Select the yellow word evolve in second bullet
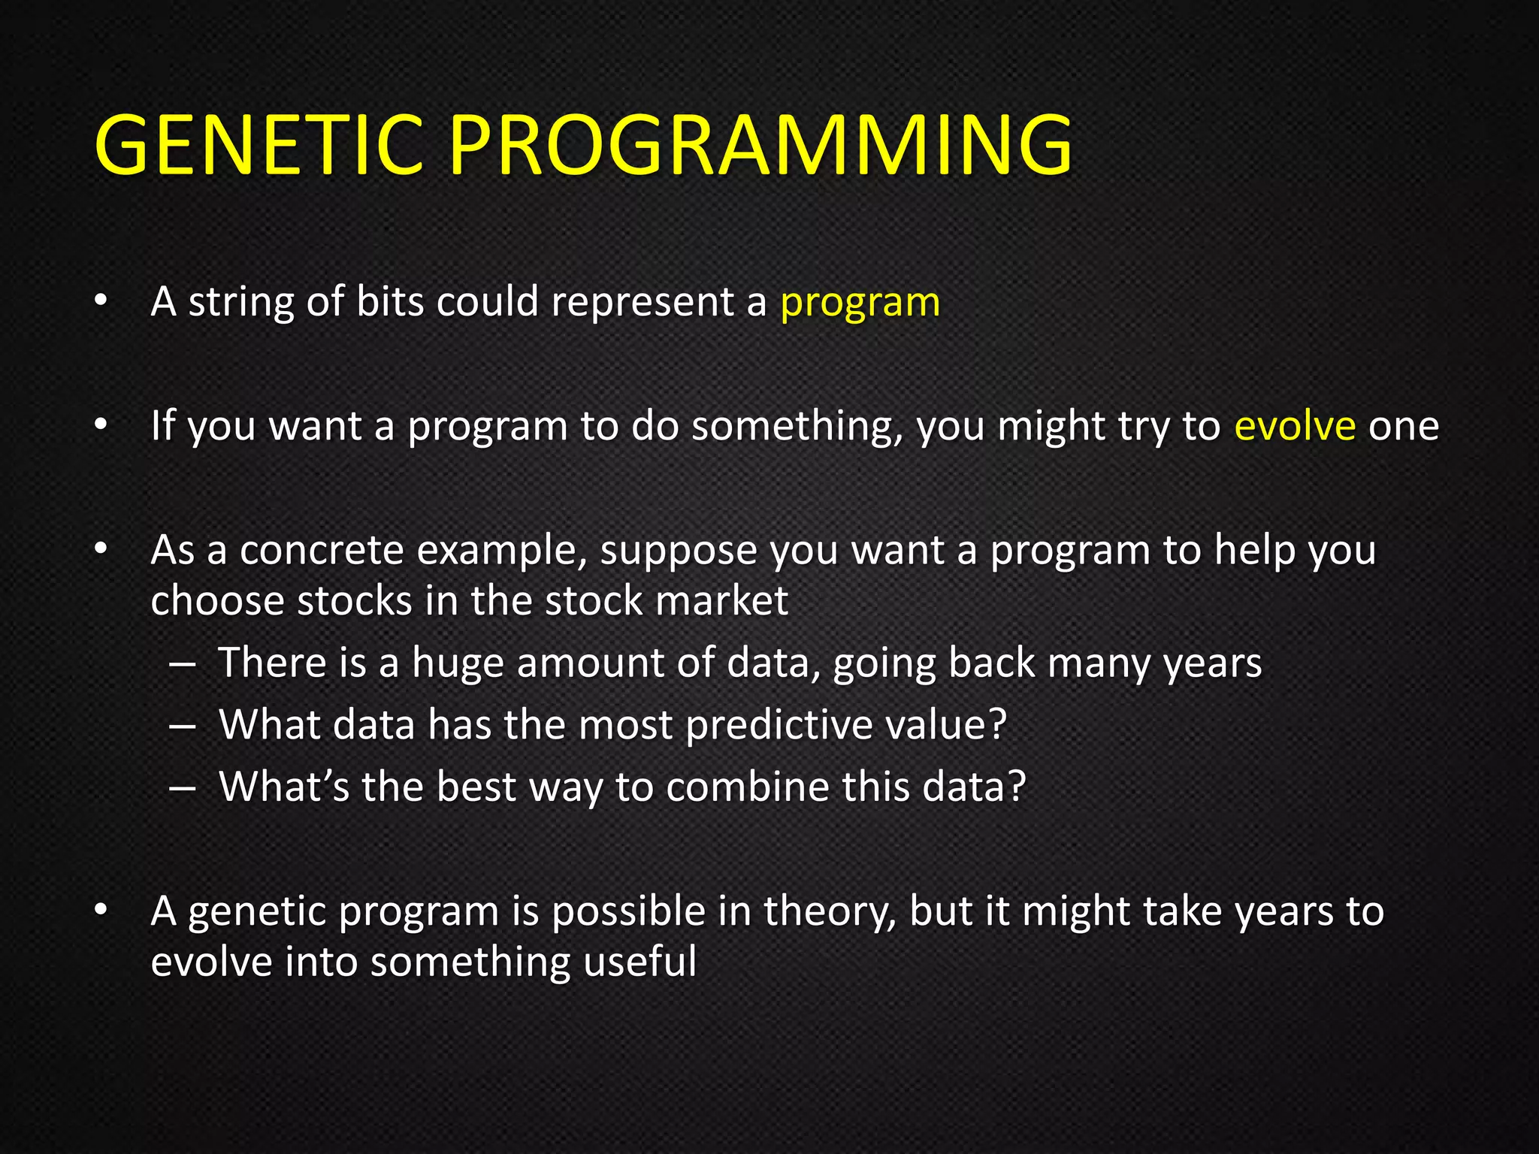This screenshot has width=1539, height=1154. pyautogui.click(x=1295, y=426)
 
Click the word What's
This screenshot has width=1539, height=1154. pyautogui.click(x=283, y=787)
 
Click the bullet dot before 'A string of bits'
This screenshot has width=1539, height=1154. pyautogui.click(x=101, y=302)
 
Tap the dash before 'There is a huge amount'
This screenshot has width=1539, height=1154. pyautogui.click(x=183, y=664)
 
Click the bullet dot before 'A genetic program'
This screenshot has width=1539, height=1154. pyautogui.click(x=101, y=911)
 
